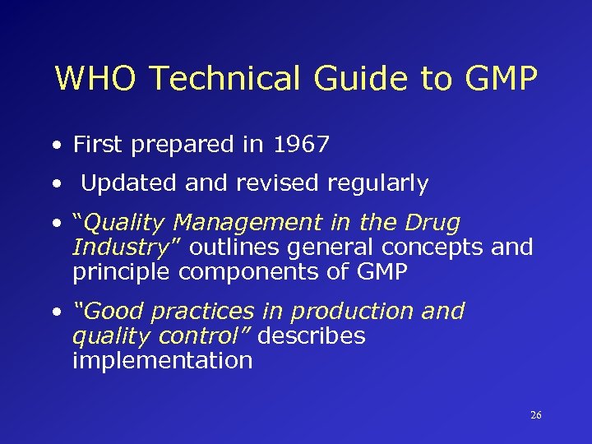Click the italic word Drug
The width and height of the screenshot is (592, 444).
pyautogui.click(x=432, y=223)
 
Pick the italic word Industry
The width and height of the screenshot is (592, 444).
pyautogui.click(x=119, y=247)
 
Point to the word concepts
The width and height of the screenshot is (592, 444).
pyautogui.click(x=434, y=247)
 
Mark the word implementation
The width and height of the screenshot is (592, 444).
pyautogui.click(x=162, y=361)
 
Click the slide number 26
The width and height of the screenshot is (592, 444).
pyautogui.click(x=536, y=415)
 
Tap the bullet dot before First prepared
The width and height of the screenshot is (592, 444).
pyautogui.click(x=56, y=146)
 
